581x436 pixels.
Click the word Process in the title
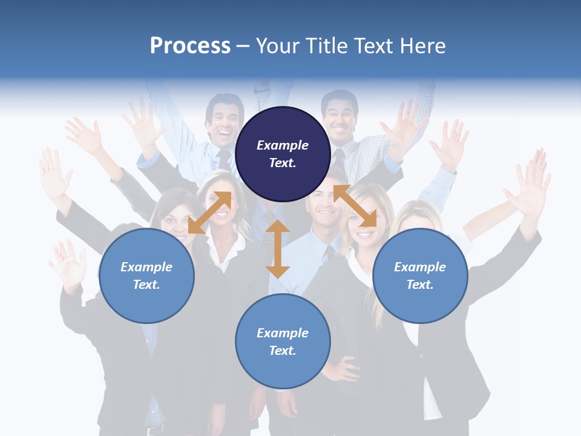tap(190, 46)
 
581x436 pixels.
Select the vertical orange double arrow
tap(278, 249)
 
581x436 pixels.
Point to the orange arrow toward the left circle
tap(209, 213)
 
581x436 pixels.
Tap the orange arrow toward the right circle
tap(355, 206)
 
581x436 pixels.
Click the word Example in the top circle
tap(283, 145)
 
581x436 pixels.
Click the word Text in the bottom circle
tap(282, 351)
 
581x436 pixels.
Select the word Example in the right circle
tap(420, 267)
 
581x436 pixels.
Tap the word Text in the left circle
tap(146, 285)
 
